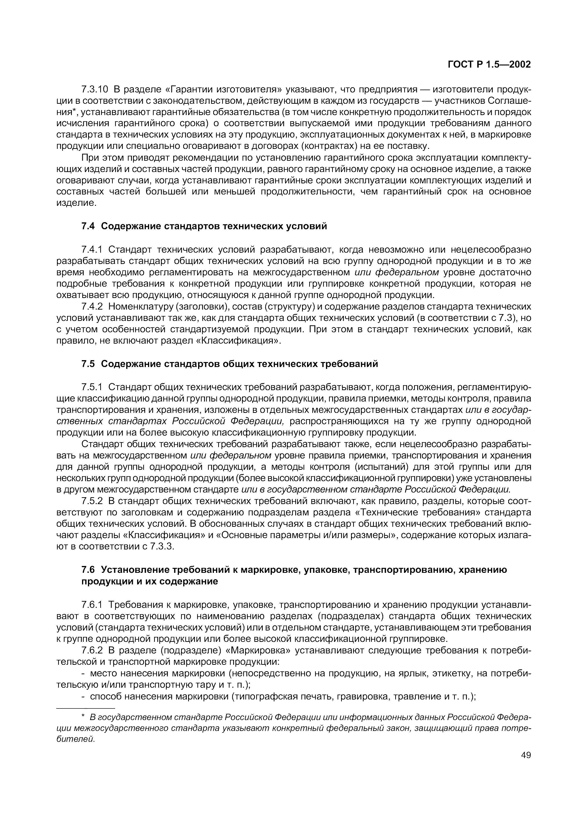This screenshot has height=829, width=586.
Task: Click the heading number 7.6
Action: [x=88, y=570]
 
